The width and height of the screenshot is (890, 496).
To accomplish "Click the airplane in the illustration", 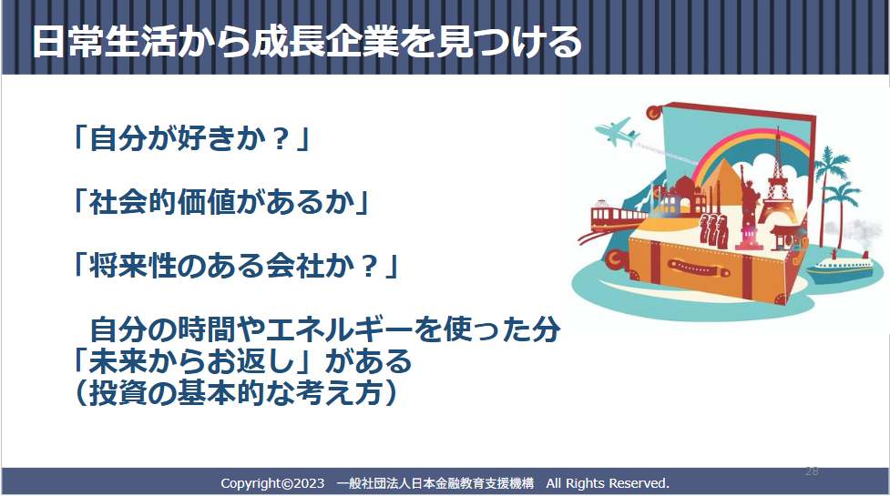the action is coord(618,133).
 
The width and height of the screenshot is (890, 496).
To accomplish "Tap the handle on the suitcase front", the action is coord(698,267).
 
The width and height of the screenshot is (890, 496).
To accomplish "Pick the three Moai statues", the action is coord(713,229).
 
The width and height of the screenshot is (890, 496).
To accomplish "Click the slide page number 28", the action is coord(812,471).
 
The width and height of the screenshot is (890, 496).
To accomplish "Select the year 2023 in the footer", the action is coord(309,483).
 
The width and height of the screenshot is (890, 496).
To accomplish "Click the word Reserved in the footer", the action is coord(639,483).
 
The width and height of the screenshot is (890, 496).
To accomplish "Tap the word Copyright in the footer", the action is coord(251,483).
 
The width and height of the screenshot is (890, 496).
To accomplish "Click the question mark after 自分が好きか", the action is coord(281,139).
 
